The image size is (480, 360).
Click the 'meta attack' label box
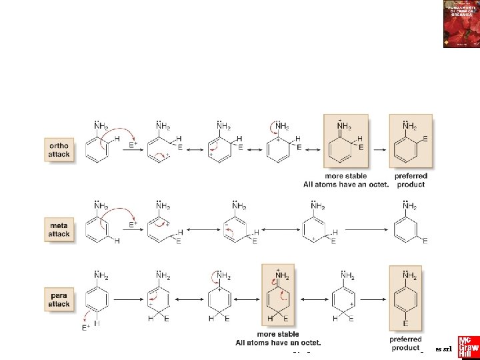[59, 230]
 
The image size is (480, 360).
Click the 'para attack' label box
[59, 299]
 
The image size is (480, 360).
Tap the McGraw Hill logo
[464, 347]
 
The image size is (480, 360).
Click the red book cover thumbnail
[461, 24]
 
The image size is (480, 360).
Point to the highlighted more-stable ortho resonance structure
[345, 143]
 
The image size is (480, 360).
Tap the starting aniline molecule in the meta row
[101, 223]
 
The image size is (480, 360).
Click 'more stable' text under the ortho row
[344, 176]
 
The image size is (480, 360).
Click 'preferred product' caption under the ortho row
[411, 180]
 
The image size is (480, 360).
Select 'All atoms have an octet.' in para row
[278, 343]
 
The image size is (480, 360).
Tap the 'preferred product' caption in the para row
[406, 343]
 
